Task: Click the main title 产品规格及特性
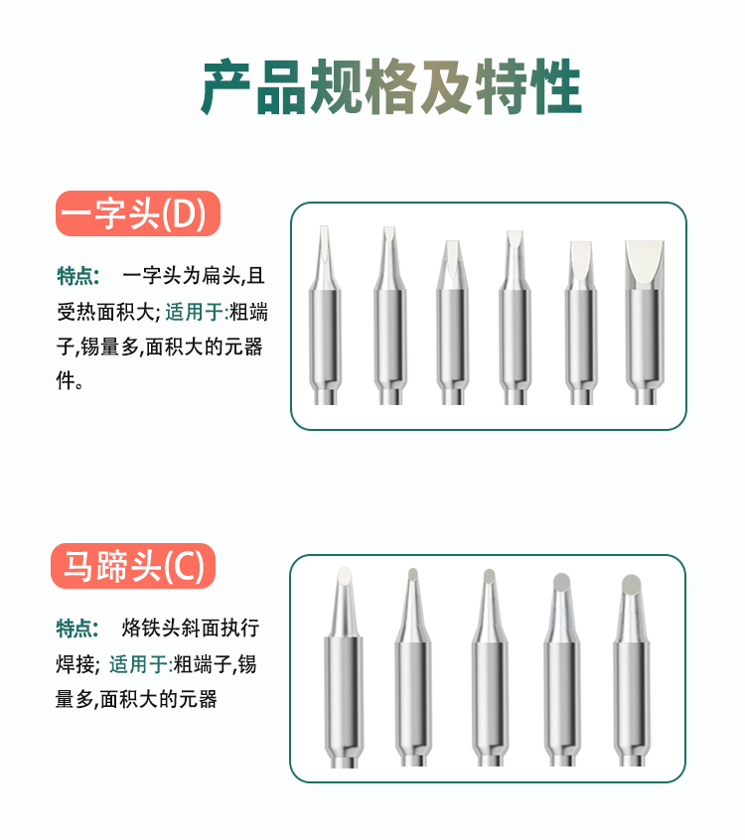click(x=391, y=86)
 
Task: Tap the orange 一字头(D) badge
click(x=138, y=213)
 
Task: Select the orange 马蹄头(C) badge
click(x=133, y=566)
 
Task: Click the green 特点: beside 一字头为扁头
click(x=78, y=276)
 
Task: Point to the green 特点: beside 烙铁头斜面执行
click(x=77, y=628)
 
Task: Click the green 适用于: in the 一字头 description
click(x=197, y=312)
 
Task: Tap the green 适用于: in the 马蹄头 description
click(x=141, y=664)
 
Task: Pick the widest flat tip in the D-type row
click(x=645, y=323)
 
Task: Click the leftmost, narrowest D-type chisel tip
click(x=325, y=315)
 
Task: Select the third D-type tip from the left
click(x=452, y=323)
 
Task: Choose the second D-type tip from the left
click(x=389, y=316)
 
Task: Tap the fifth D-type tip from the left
click(x=581, y=323)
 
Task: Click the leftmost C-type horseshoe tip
click(x=344, y=667)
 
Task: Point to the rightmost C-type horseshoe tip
click(x=632, y=670)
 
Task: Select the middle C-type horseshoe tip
click(x=490, y=667)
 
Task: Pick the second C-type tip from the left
click(x=413, y=667)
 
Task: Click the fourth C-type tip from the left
click(x=562, y=669)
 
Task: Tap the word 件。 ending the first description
click(x=71, y=380)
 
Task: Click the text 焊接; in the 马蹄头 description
click(x=78, y=664)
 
